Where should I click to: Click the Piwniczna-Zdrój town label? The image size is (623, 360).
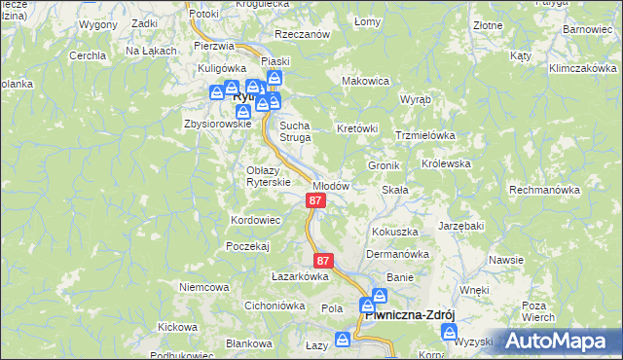point(409,315)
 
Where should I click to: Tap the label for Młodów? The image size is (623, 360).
point(331,185)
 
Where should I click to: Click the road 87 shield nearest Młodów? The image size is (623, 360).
point(315,200)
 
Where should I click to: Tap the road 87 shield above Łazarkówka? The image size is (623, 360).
point(324,261)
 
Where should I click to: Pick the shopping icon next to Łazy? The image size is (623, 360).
point(342,340)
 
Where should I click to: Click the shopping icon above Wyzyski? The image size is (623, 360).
point(449,332)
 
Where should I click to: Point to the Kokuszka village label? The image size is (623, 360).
point(394,232)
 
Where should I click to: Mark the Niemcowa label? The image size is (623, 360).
point(204,287)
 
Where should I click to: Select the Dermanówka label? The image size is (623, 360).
point(397,254)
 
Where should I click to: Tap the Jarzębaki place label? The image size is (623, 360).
point(461,226)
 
